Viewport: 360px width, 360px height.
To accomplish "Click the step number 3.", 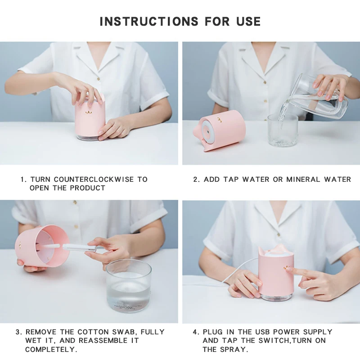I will click(18, 332).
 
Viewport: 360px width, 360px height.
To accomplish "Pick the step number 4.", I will click(195, 332).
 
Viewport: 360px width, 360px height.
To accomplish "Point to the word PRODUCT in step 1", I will click(88, 188).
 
